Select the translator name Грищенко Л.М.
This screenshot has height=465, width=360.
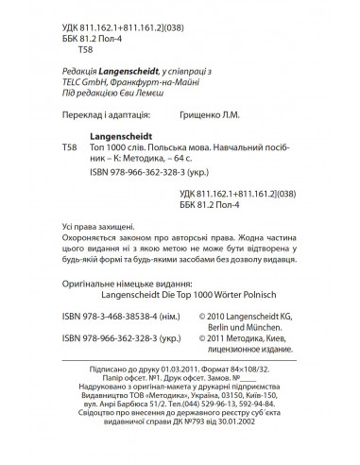tap(242, 115)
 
